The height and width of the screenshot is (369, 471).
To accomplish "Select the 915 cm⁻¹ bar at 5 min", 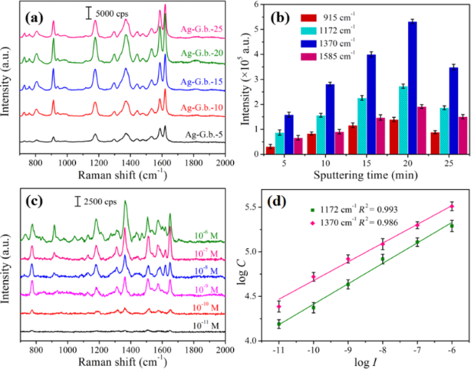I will click(270, 149).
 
